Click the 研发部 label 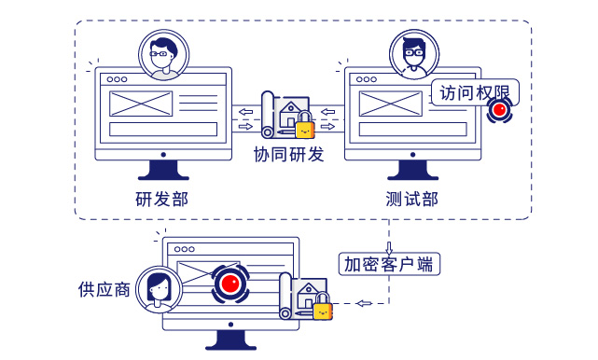tap(161, 200)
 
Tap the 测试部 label tap(410, 200)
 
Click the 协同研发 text tap(289, 154)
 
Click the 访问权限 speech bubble tap(474, 94)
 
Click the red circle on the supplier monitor tap(230, 283)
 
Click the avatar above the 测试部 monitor tap(410, 52)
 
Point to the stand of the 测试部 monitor tap(410, 170)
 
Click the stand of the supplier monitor tap(230, 341)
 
